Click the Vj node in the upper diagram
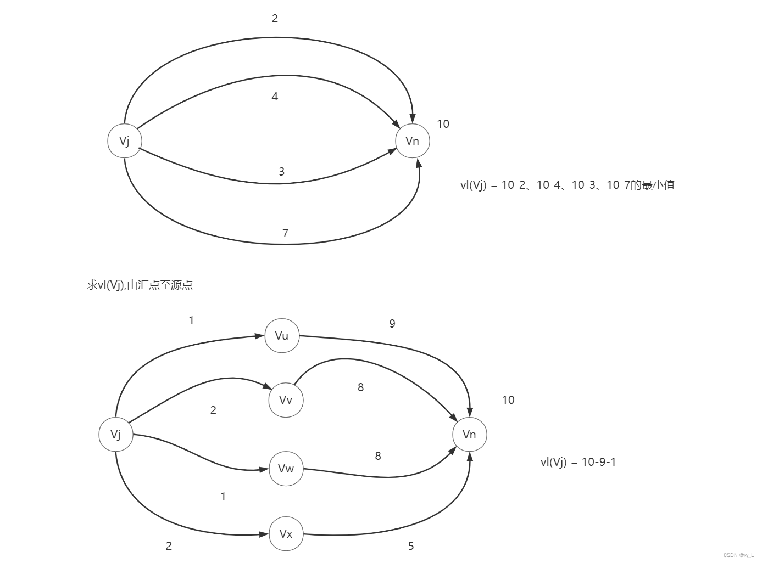pos(125,141)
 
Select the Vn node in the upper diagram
pos(412,141)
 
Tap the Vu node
pos(282,336)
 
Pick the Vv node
pos(286,400)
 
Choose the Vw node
pos(286,469)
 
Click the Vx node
pos(286,534)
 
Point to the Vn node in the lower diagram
pos(469,435)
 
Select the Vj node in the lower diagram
pos(116,435)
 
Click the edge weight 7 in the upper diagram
pos(285,233)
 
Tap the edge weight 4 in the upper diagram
pos(275,97)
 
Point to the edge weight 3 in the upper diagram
pos(281,172)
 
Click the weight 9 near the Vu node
pos(392,324)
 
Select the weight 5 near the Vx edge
pos(411,546)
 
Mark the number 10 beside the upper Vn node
pos(443,124)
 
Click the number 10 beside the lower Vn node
pos(508,400)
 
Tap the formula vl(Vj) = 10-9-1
pos(578,462)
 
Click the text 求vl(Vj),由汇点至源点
pos(140,285)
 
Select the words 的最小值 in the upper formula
pos(652,185)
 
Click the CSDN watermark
pos(738,555)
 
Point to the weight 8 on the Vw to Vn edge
pos(378,456)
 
